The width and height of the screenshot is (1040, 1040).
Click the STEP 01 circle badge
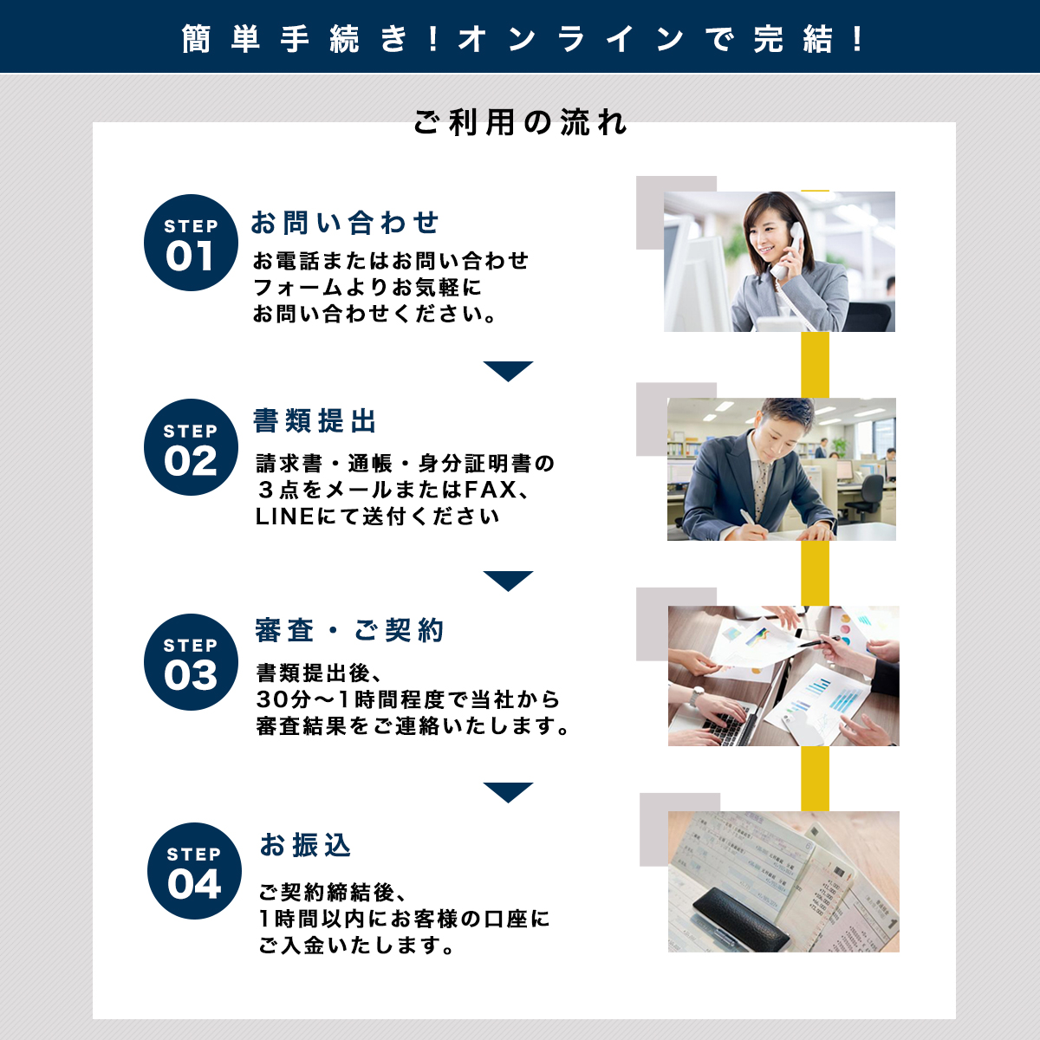click(191, 243)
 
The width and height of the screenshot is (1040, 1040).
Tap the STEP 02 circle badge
click(191, 447)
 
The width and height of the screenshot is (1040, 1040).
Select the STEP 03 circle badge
click(191, 661)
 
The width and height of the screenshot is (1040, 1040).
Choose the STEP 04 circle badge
click(194, 870)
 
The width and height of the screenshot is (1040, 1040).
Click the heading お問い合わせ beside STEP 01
click(345, 223)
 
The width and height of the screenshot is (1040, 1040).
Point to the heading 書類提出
click(315, 421)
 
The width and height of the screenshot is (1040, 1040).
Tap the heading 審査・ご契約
click(349, 630)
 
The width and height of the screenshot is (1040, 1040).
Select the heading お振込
click(305, 845)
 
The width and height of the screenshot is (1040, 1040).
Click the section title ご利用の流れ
click(520, 122)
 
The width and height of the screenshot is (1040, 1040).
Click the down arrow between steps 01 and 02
click(508, 370)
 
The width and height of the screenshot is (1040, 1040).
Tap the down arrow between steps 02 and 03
click(508, 580)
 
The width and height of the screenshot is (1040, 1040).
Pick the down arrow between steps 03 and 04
click(508, 792)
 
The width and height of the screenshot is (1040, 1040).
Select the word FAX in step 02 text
click(491, 490)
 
